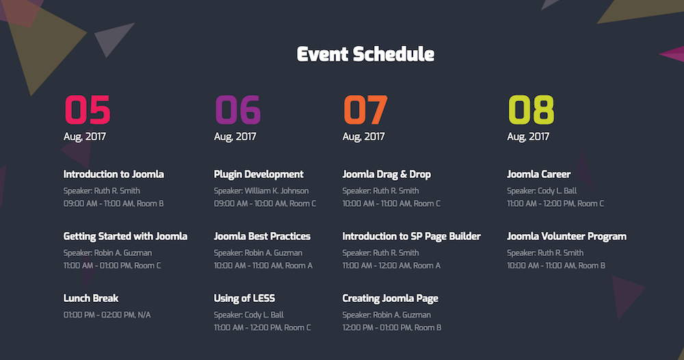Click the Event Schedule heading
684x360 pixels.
[365, 55]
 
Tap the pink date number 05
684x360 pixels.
[88, 110]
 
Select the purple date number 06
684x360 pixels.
[238, 110]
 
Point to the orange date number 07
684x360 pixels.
[365, 110]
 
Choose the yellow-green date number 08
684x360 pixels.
[531, 110]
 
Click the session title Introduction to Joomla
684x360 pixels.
[114, 174]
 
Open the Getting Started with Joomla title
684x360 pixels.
[125, 236]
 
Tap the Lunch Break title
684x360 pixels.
[91, 298]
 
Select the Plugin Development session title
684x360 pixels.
[259, 175]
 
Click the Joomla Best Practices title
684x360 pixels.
[262, 236]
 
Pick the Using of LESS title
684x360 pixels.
[244, 298]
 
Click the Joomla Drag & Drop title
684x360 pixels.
[386, 175]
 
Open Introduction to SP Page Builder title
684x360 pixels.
[411, 237]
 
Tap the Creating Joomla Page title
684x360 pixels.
[391, 298]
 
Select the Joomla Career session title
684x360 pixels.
[539, 174]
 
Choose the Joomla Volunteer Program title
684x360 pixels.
[566, 237]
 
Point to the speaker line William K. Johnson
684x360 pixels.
[261, 191]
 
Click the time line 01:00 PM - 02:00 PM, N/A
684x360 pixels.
[107, 315]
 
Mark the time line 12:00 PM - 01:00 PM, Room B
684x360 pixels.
[392, 327]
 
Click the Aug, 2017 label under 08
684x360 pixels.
[528, 137]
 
